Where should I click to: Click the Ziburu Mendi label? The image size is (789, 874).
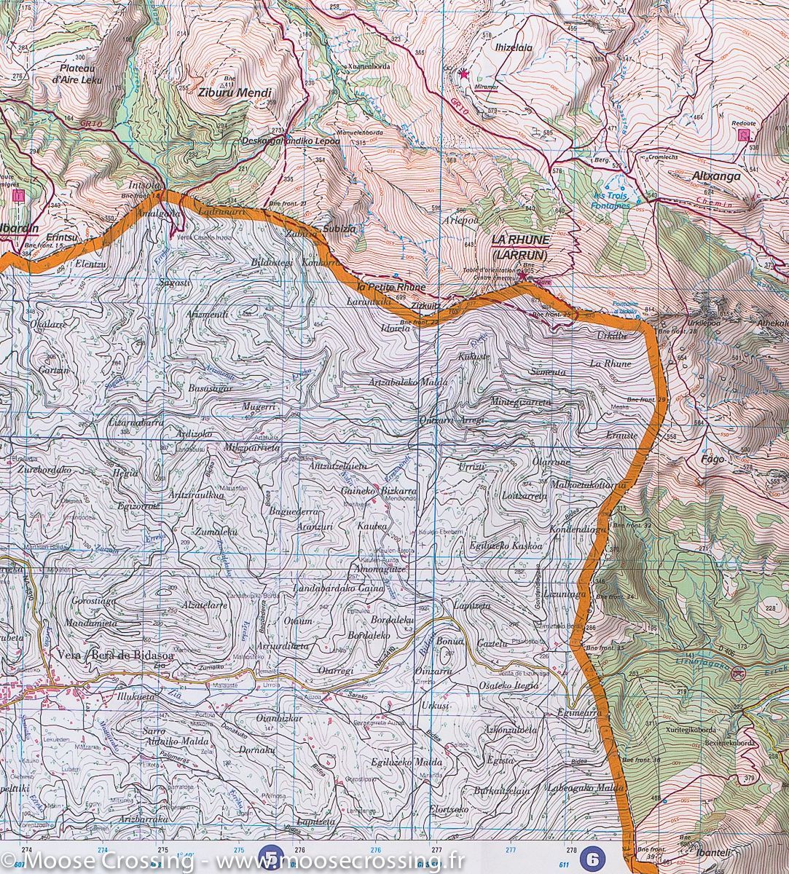(235, 93)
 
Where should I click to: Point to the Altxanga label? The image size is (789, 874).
(717, 176)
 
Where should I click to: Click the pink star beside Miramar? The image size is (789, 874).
(463, 73)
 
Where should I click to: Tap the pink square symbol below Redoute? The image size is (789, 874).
(743, 135)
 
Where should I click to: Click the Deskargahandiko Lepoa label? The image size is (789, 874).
(290, 141)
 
